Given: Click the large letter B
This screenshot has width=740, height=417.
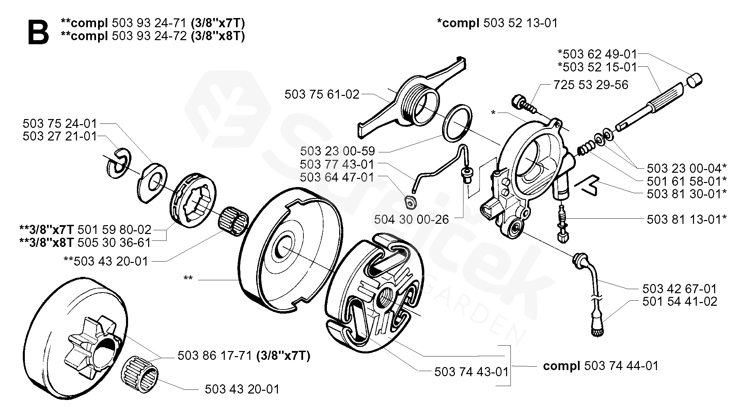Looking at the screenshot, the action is [x=38, y=32].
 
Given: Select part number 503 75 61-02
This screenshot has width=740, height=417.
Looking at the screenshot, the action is [x=322, y=94].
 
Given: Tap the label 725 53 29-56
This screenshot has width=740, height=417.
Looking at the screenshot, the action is [x=591, y=85].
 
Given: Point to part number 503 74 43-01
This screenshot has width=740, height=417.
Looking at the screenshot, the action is [x=471, y=371].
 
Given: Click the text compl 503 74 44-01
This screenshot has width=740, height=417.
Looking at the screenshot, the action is [x=601, y=366].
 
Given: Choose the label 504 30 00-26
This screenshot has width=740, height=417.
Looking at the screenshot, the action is [x=411, y=219].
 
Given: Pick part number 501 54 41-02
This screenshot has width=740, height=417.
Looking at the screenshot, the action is [x=680, y=301].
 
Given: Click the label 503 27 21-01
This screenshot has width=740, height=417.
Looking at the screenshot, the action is [x=60, y=136].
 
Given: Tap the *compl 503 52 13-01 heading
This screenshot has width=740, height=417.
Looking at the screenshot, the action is [x=498, y=23].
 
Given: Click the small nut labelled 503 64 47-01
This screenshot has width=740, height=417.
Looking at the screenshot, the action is [x=411, y=203].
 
